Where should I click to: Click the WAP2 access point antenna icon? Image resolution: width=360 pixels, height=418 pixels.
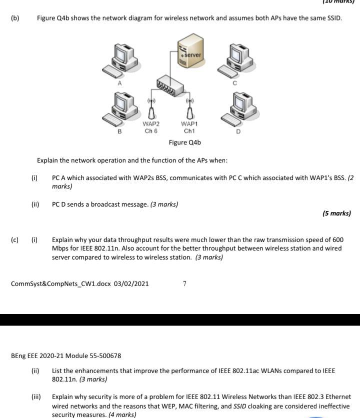150,110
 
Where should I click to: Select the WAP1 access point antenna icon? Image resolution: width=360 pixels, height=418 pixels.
189,110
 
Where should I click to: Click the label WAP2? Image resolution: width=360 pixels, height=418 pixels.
151,124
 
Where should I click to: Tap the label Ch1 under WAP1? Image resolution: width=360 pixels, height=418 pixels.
189,131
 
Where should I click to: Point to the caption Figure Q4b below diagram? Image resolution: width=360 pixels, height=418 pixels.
184,143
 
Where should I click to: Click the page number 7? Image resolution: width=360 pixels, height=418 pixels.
184,284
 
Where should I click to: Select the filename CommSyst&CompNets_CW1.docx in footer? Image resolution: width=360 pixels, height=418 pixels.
61,284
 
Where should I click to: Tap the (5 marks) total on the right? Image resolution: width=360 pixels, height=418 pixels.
336,213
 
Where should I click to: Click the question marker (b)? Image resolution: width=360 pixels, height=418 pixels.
15,18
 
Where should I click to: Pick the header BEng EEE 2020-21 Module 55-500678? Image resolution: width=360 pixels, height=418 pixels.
66,356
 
